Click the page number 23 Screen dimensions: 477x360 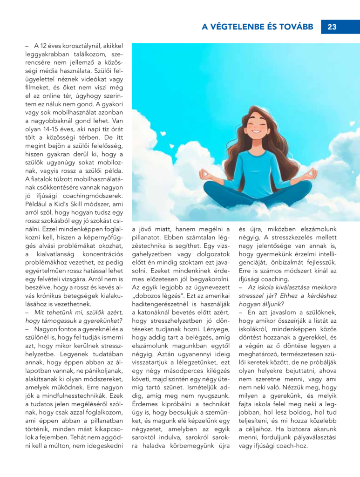[x=332, y=27]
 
